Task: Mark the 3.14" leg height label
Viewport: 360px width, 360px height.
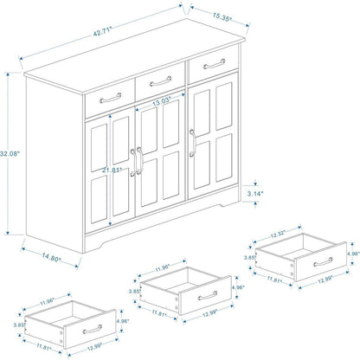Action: click(x=255, y=196)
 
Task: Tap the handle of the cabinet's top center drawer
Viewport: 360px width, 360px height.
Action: click(x=160, y=83)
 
